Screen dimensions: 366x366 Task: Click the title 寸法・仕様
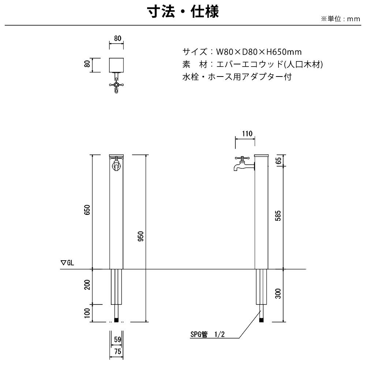[183, 12]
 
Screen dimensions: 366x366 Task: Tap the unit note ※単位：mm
[341, 19]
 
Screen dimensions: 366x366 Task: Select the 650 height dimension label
[87, 210]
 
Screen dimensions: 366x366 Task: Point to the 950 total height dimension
[141, 236]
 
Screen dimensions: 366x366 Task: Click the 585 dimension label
[278, 216]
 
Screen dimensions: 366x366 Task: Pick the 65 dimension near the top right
[278, 161]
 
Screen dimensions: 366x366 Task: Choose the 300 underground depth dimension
[278, 294]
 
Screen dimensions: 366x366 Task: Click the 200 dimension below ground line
[87, 284]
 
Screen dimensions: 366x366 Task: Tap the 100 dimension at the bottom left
[87, 313]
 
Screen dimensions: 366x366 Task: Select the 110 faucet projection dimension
[247, 134]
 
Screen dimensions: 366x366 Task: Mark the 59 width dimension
[117, 339]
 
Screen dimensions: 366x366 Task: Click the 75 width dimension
[117, 351]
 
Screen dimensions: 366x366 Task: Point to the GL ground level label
[67, 263]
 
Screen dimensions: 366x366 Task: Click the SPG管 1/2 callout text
[208, 335]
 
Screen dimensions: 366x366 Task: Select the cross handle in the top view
[116, 85]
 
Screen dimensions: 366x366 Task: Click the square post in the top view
[116, 65]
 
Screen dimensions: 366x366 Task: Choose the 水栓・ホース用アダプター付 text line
[237, 76]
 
